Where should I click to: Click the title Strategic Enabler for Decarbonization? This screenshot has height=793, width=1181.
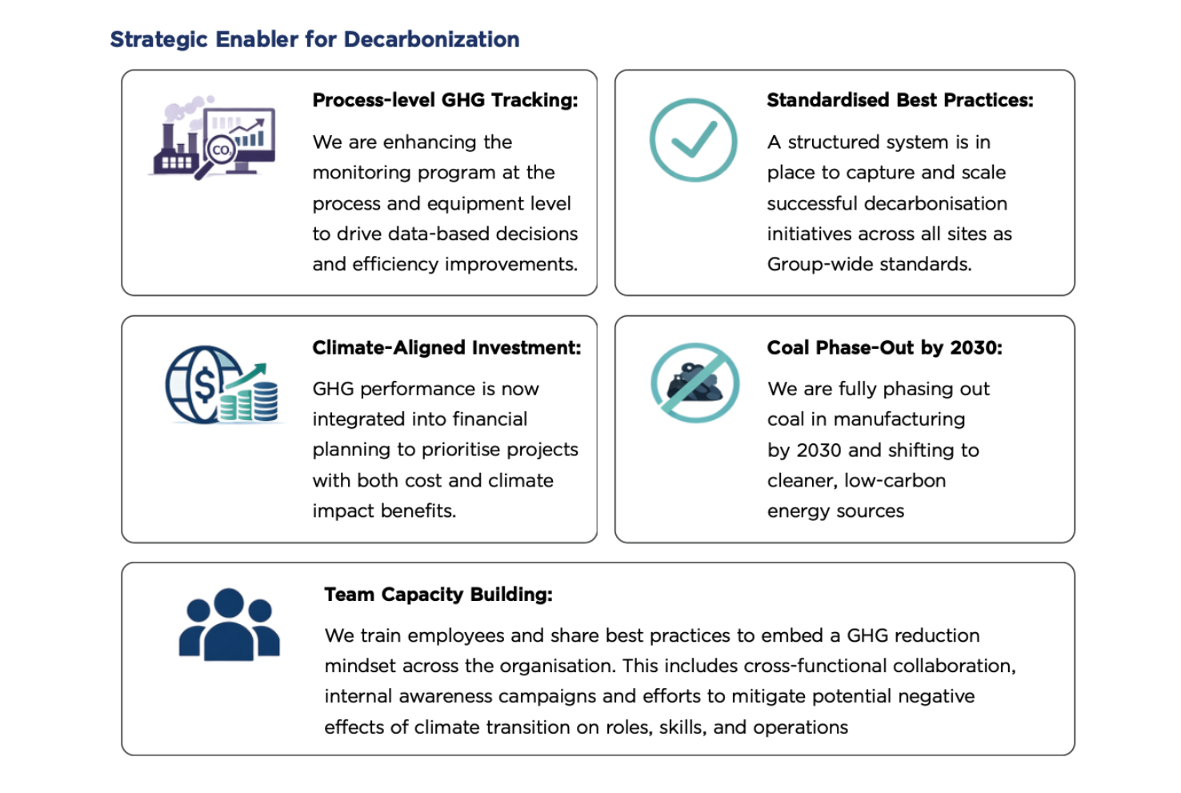[314, 39]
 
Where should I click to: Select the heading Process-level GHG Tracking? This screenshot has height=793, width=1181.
[445, 100]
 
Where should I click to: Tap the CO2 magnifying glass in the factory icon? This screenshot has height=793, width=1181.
[220, 150]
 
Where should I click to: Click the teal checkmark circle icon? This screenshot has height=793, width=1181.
[693, 140]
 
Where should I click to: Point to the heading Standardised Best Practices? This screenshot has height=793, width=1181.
[899, 100]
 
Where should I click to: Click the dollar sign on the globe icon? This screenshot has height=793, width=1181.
[205, 384]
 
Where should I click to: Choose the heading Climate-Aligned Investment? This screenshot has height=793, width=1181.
[446, 347]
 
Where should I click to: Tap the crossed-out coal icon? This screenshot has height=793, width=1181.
[695, 383]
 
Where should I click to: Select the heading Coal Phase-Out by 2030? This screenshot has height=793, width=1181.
[884, 347]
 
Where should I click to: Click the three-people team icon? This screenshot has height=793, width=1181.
[230, 625]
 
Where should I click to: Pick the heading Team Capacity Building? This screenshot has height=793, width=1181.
[438, 595]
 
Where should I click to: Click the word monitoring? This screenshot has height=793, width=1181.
[361, 173]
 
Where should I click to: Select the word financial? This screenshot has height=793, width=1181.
[487, 419]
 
